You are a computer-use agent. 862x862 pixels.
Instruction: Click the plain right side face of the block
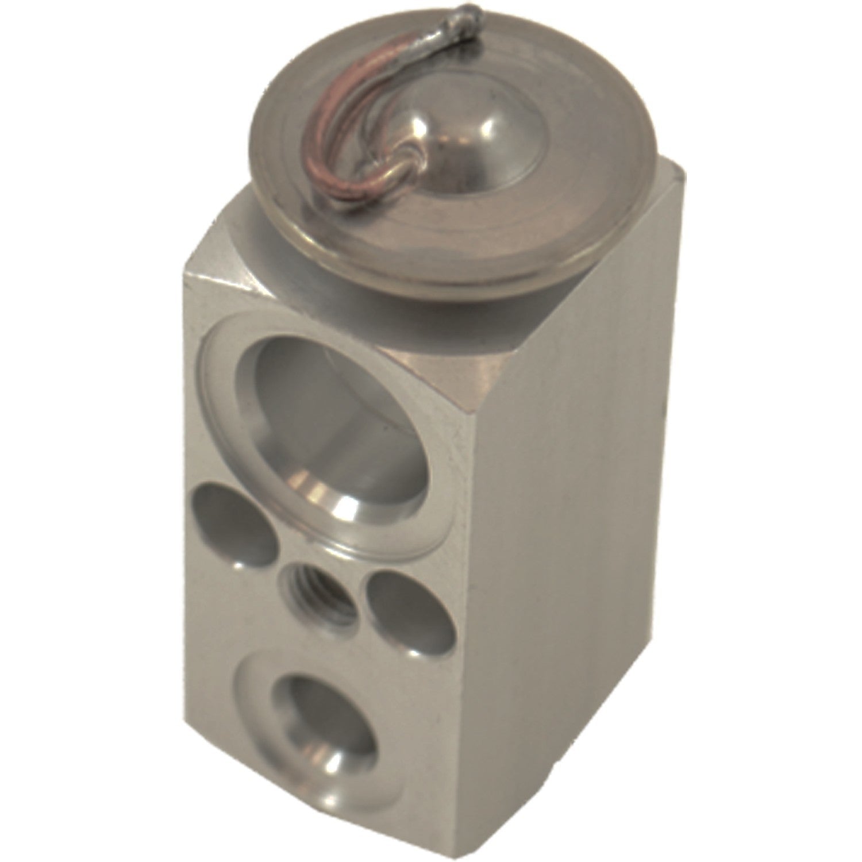(575, 517)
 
